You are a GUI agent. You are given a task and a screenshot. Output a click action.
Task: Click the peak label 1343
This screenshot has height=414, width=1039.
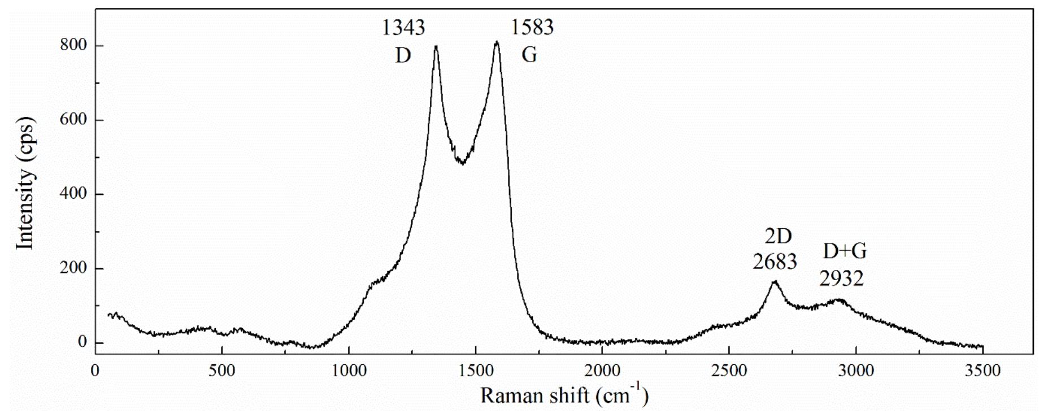(403, 27)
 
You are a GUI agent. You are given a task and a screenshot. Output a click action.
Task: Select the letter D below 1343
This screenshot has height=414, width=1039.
(403, 55)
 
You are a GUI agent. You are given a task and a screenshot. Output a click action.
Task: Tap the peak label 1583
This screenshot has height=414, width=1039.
(532, 27)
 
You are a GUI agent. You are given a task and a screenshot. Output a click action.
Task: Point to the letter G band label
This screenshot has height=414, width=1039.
(529, 55)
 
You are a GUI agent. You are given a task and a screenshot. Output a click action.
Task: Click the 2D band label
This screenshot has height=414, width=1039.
(778, 236)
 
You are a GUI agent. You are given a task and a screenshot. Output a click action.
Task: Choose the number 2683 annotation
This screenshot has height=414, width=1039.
(775, 262)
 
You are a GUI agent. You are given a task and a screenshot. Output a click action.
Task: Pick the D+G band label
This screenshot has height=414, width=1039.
(845, 251)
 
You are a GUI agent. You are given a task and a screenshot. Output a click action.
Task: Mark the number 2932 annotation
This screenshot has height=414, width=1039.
(842, 278)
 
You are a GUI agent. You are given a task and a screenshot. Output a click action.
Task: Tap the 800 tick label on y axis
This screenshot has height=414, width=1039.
(74, 45)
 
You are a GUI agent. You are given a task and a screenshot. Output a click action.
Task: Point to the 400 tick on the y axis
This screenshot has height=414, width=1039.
(74, 194)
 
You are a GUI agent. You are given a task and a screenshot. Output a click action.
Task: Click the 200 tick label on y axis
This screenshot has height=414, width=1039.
(74, 268)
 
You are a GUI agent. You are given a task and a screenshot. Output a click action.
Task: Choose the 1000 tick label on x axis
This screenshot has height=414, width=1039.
(349, 371)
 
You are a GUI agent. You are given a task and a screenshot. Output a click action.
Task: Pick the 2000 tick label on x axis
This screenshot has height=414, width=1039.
(602, 371)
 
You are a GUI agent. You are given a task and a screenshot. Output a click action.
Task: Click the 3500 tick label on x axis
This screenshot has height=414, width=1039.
(983, 371)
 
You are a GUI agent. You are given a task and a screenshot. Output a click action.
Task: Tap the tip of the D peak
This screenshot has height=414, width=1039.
(436, 46)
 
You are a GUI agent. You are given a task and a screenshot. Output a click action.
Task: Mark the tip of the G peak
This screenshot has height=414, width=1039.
(497, 42)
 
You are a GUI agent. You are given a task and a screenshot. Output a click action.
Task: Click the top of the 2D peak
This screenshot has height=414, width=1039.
(775, 281)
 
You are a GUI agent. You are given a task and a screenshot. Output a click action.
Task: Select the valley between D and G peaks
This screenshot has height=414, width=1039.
(463, 163)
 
